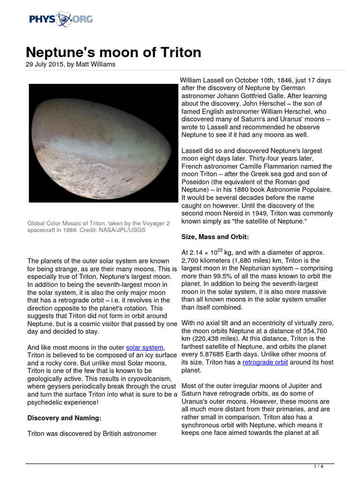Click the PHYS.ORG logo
click(60, 19)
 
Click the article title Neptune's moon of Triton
click(113, 52)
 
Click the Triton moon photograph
click(101, 143)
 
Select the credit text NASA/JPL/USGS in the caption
click(121, 231)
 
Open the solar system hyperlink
click(145, 347)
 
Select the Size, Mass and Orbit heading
click(214, 237)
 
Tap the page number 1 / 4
click(318, 466)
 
